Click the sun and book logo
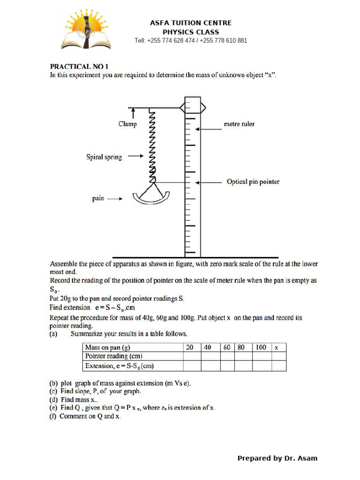(86, 31)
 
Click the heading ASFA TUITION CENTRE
(190, 23)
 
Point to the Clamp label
(127, 124)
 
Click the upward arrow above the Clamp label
(134, 113)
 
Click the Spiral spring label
(104, 157)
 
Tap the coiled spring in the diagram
(152, 145)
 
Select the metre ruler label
(239, 124)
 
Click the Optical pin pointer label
(253, 182)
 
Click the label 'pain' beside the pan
(98, 198)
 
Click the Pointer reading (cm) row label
(113, 356)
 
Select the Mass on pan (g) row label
(107, 347)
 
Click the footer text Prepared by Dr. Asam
(277, 458)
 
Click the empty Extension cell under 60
(227, 366)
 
